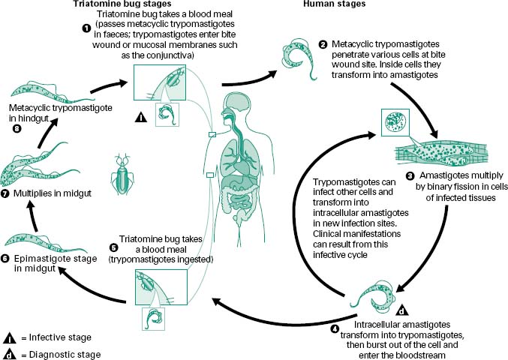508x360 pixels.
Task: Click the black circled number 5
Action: [114, 247]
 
